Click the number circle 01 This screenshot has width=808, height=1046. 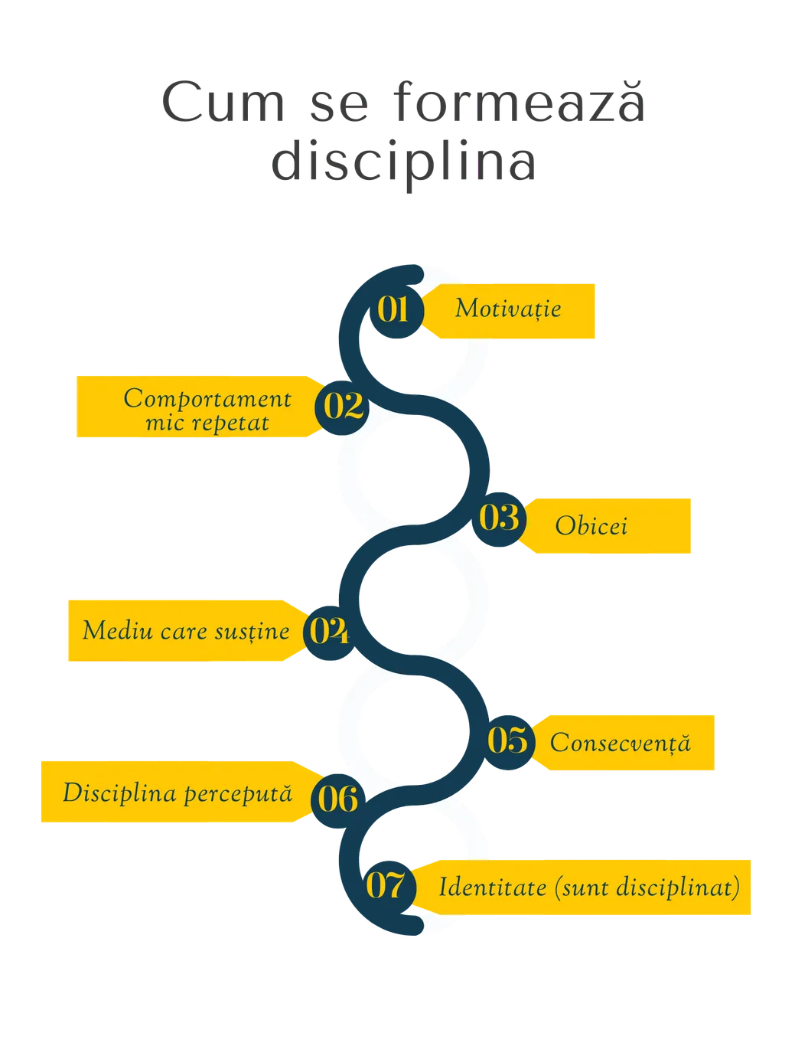pos(396,311)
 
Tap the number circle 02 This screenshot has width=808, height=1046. pos(342,407)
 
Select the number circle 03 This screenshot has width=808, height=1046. pos(499,519)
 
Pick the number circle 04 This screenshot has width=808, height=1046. pos(331,633)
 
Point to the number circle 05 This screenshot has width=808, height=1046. pos(507,743)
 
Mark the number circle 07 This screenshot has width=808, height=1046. pos(389,888)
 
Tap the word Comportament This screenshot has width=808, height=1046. pos(207,400)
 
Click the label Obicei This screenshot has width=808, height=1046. pos(591,525)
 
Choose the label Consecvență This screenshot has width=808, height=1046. pos(621,743)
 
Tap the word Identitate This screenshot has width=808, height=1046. pos(493,887)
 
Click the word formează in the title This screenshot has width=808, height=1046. pos(519,102)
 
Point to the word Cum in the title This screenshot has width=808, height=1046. pos(223,102)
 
